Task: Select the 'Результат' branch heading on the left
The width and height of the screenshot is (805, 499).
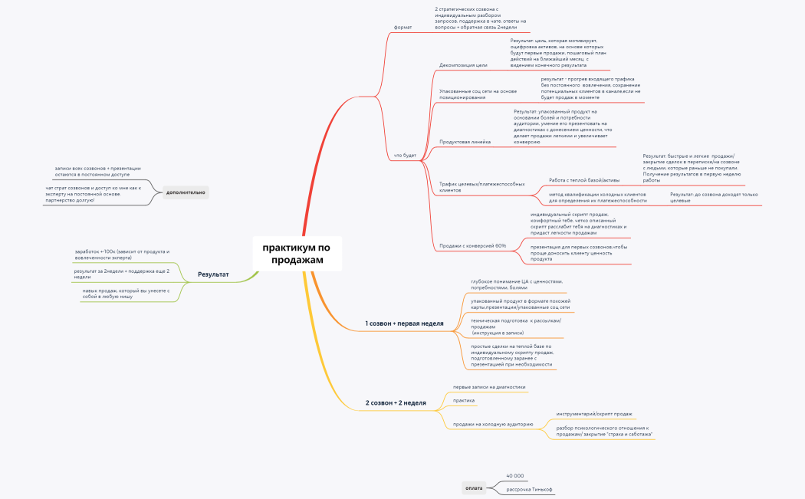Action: pos(213,274)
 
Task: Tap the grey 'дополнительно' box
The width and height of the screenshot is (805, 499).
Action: pos(186,192)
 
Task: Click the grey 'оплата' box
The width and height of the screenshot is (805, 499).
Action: pos(474,488)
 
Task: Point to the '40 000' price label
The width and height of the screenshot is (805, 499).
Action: pos(514,476)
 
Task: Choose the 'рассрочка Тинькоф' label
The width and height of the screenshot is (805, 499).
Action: pos(529,489)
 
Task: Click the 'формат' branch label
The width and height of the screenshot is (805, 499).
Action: pos(402,27)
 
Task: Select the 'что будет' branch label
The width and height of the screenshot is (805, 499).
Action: pos(405,155)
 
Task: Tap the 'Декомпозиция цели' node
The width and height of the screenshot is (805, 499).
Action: pos(463,65)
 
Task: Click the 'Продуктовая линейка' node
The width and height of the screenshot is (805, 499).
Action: pos(465,142)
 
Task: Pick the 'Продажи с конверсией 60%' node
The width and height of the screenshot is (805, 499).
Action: pos(472,245)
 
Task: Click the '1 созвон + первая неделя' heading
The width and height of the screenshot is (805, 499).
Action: pos(404,323)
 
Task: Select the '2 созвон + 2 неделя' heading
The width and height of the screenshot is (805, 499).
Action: pos(395,402)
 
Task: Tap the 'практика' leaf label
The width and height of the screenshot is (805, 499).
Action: pos(464,400)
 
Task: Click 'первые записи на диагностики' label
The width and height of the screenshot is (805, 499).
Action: pos(489,387)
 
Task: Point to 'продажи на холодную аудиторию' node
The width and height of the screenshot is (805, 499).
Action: pos(493,424)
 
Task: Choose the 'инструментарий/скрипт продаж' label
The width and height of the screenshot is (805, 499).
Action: pos(594,414)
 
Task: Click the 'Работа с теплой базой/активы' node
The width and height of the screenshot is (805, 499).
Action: pos(584,180)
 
